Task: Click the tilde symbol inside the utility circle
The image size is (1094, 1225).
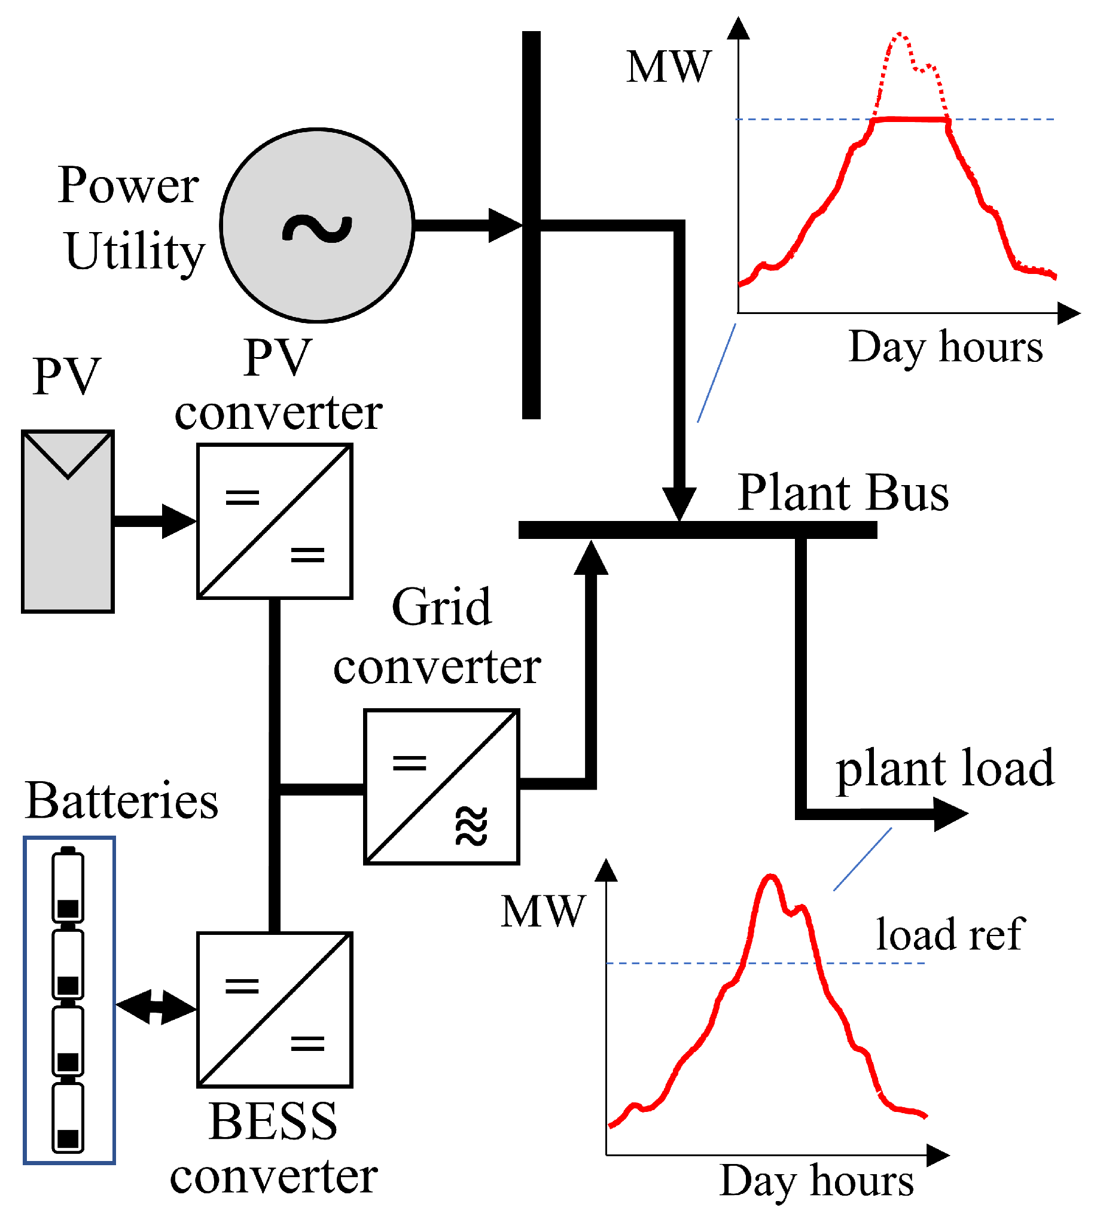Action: [x=317, y=228]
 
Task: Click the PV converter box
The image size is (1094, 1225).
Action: [x=275, y=521]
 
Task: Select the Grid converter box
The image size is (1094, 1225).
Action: [x=441, y=786]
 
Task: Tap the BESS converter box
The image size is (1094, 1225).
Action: [x=275, y=1010]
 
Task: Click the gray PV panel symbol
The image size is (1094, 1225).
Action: [x=68, y=521]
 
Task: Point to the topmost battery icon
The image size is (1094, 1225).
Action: [x=68, y=884]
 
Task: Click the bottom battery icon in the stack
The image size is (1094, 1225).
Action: [x=68, y=1117]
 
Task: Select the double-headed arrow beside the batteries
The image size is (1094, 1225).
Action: [x=156, y=1007]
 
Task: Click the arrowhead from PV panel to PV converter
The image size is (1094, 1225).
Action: [x=178, y=521]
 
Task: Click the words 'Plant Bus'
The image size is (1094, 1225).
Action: [x=843, y=493]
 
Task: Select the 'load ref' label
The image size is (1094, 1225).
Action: [x=950, y=935]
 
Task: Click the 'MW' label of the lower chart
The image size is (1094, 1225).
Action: [x=543, y=912]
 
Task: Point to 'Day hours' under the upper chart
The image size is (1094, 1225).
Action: [x=945, y=348]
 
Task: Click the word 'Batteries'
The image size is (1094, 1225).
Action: [x=121, y=801]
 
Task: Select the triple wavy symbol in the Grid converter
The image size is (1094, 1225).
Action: [x=471, y=827]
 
